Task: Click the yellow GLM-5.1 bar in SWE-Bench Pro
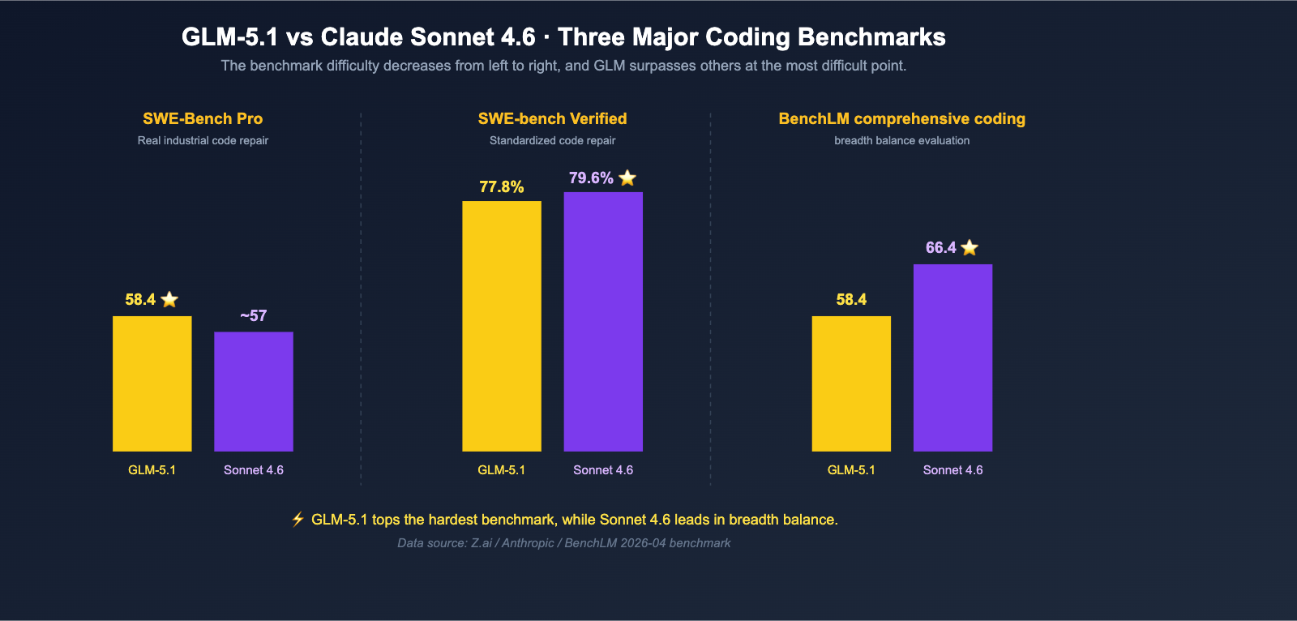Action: click(x=152, y=383)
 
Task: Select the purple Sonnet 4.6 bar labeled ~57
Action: click(x=254, y=392)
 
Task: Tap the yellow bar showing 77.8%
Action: click(x=502, y=326)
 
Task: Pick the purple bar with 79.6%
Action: click(x=603, y=322)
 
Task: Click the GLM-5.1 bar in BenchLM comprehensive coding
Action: click(x=851, y=383)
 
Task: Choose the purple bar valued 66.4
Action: click(x=952, y=358)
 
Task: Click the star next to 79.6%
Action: click(x=627, y=178)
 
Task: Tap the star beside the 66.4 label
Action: click(x=970, y=247)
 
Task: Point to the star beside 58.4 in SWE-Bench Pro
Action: click(x=169, y=299)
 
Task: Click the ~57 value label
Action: click(x=254, y=315)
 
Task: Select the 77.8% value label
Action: click(x=502, y=186)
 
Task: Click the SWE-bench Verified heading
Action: click(x=552, y=118)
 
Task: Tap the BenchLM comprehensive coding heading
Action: click(x=901, y=118)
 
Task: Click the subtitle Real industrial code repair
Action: click(x=203, y=140)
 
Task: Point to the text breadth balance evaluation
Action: click(x=901, y=140)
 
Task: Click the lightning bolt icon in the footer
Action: click(x=297, y=519)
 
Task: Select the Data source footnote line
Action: click(x=563, y=543)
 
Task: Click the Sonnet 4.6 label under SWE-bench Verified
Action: click(x=603, y=470)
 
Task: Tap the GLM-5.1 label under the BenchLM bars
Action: click(x=851, y=470)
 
